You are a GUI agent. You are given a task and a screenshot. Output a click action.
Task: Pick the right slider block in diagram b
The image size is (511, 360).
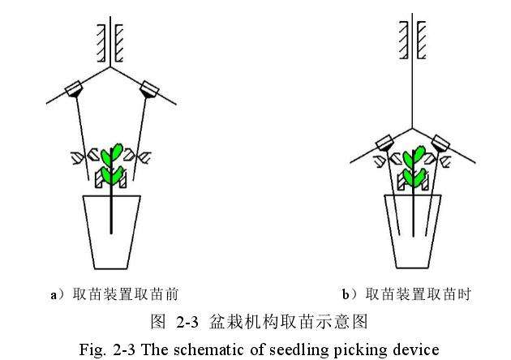442,144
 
